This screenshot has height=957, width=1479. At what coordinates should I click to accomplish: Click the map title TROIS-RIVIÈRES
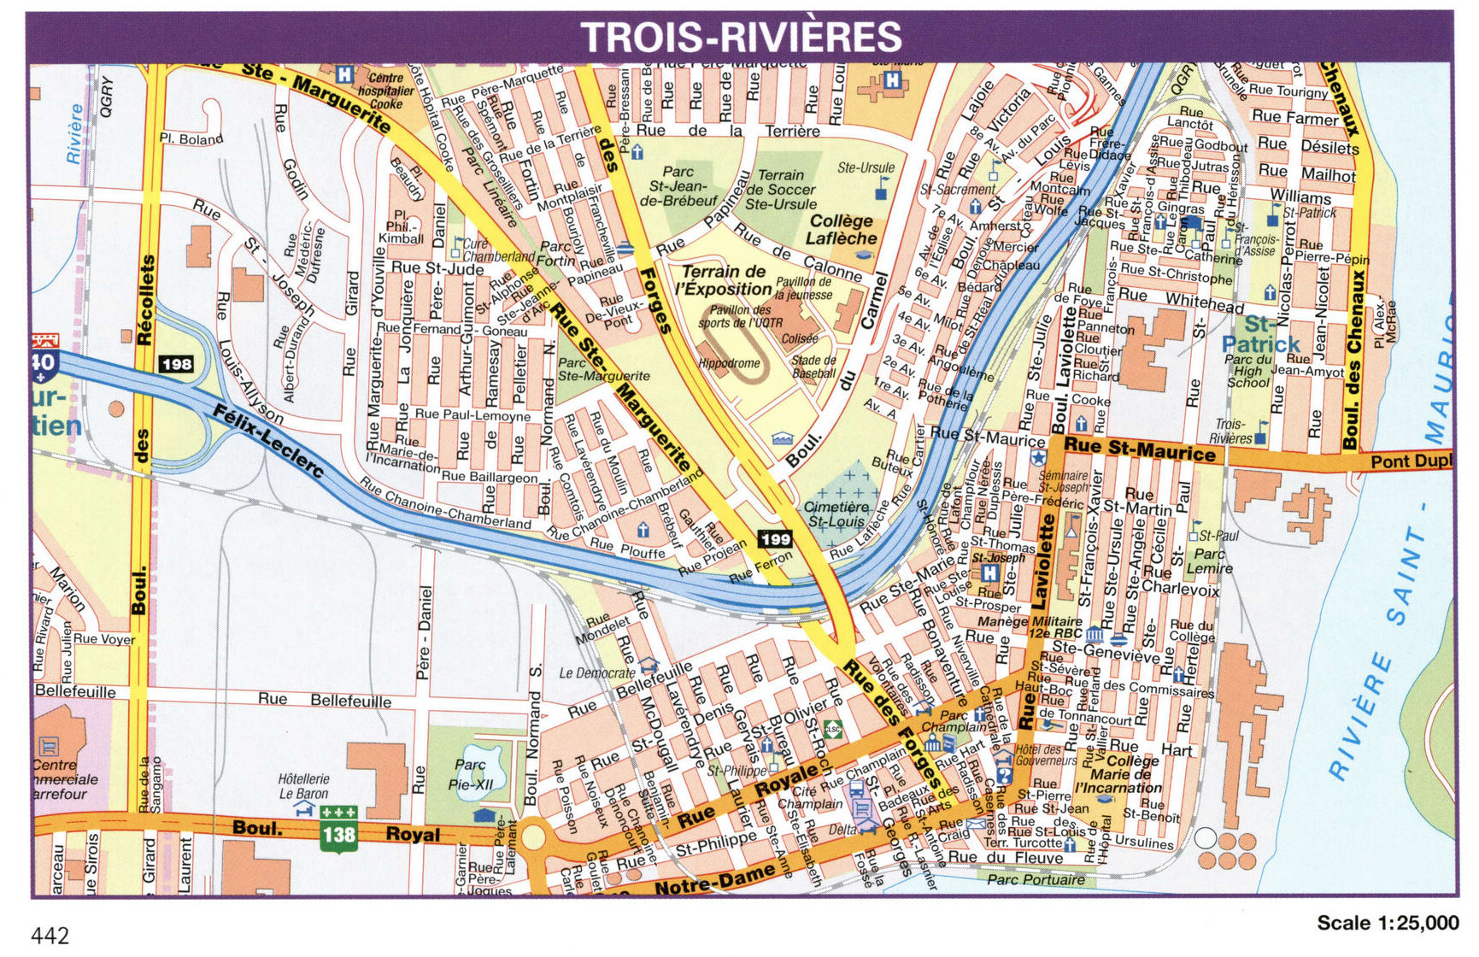pyautogui.click(x=741, y=37)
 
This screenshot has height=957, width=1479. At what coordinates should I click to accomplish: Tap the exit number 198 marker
pyautogui.click(x=176, y=364)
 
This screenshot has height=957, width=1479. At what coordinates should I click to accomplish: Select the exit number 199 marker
pyautogui.click(x=775, y=538)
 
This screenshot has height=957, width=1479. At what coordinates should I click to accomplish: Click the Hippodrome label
pyautogui.click(x=729, y=363)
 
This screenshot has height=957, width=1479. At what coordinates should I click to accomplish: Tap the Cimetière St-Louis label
pyautogui.click(x=836, y=514)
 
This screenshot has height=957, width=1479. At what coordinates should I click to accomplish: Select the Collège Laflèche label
pyautogui.click(x=842, y=230)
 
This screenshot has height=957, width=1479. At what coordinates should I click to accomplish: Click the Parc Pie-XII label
pyautogui.click(x=471, y=774)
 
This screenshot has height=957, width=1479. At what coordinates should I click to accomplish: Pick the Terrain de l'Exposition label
pyautogui.click(x=725, y=279)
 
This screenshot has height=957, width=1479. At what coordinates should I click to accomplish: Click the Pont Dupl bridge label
pyautogui.click(x=1411, y=461)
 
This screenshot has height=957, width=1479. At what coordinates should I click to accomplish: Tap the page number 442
pyautogui.click(x=50, y=936)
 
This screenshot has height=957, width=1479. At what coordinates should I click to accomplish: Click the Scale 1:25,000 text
pyautogui.click(x=1388, y=923)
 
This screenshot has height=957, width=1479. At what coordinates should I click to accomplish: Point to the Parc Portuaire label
pyautogui.click(x=1036, y=879)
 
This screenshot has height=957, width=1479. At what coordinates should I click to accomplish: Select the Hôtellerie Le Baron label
pyautogui.click(x=303, y=786)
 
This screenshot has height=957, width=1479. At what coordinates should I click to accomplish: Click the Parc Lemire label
pyautogui.click(x=1209, y=561)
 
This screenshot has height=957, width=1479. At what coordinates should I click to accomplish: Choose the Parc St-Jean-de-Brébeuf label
pyautogui.click(x=678, y=186)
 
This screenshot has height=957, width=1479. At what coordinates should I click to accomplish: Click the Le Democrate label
pyautogui.click(x=598, y=672)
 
